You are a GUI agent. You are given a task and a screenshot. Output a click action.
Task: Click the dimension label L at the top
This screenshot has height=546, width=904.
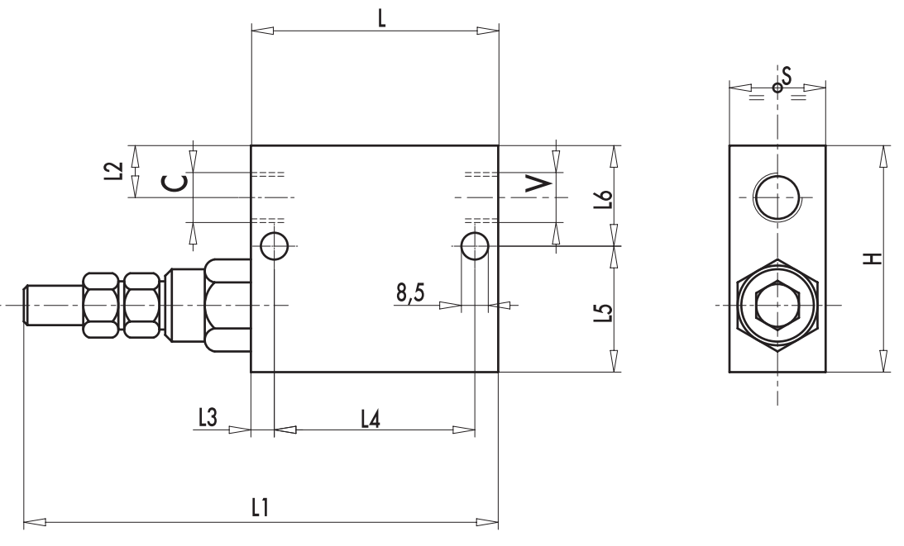tap(381, 18)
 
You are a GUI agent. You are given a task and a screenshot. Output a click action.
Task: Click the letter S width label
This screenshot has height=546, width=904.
tap(787, 76)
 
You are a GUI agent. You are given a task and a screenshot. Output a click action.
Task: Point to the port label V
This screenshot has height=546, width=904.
tap(539, 183)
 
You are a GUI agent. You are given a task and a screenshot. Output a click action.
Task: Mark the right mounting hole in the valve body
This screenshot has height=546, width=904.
tap(475, 245)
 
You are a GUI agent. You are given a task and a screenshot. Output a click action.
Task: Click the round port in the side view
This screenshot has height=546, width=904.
tap(777, 198)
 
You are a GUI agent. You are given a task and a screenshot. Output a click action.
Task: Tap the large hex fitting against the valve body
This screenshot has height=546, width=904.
tap(228, 305)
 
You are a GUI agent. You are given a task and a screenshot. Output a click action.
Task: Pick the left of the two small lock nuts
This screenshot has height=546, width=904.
tap(101, 305)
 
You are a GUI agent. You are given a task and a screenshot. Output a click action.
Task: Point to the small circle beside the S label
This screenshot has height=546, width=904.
tap(777, 87)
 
